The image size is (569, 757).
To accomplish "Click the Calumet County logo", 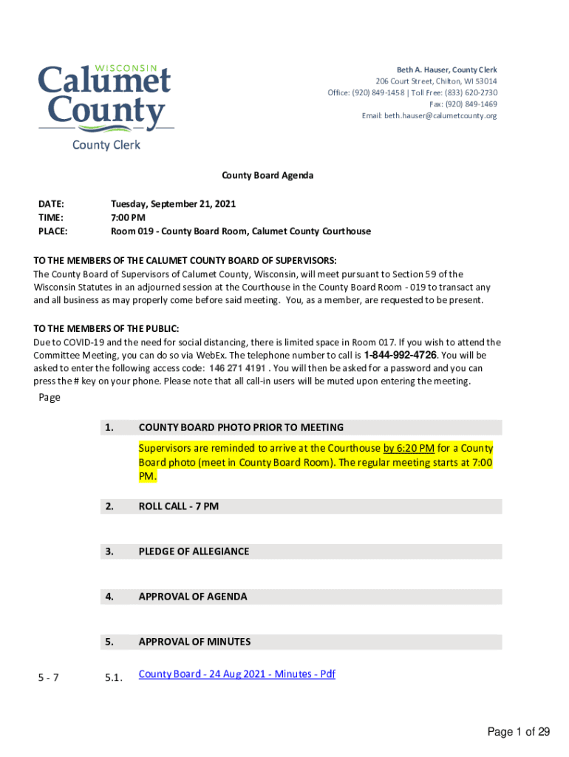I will click(105, 99).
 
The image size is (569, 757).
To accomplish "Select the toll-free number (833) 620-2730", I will click(471, 92).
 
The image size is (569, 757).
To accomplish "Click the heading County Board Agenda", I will click(268, 175).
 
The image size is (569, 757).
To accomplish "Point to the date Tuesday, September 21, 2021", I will click(173, 203).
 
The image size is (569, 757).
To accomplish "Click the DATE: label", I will click(51, 203).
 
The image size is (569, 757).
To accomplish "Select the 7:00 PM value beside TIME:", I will click(128, 217).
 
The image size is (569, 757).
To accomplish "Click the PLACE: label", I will click(52, 231).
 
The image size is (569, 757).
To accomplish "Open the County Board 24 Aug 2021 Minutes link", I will click(236, 674).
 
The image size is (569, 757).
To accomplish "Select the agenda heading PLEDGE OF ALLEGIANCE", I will click(194, 551).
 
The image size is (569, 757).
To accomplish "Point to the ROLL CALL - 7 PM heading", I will click(178, 506).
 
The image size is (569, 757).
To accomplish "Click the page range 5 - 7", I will click(50, 675).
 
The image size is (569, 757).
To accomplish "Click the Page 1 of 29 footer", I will click(518, 732).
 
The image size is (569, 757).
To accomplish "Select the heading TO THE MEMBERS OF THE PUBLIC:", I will click(106, 328).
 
